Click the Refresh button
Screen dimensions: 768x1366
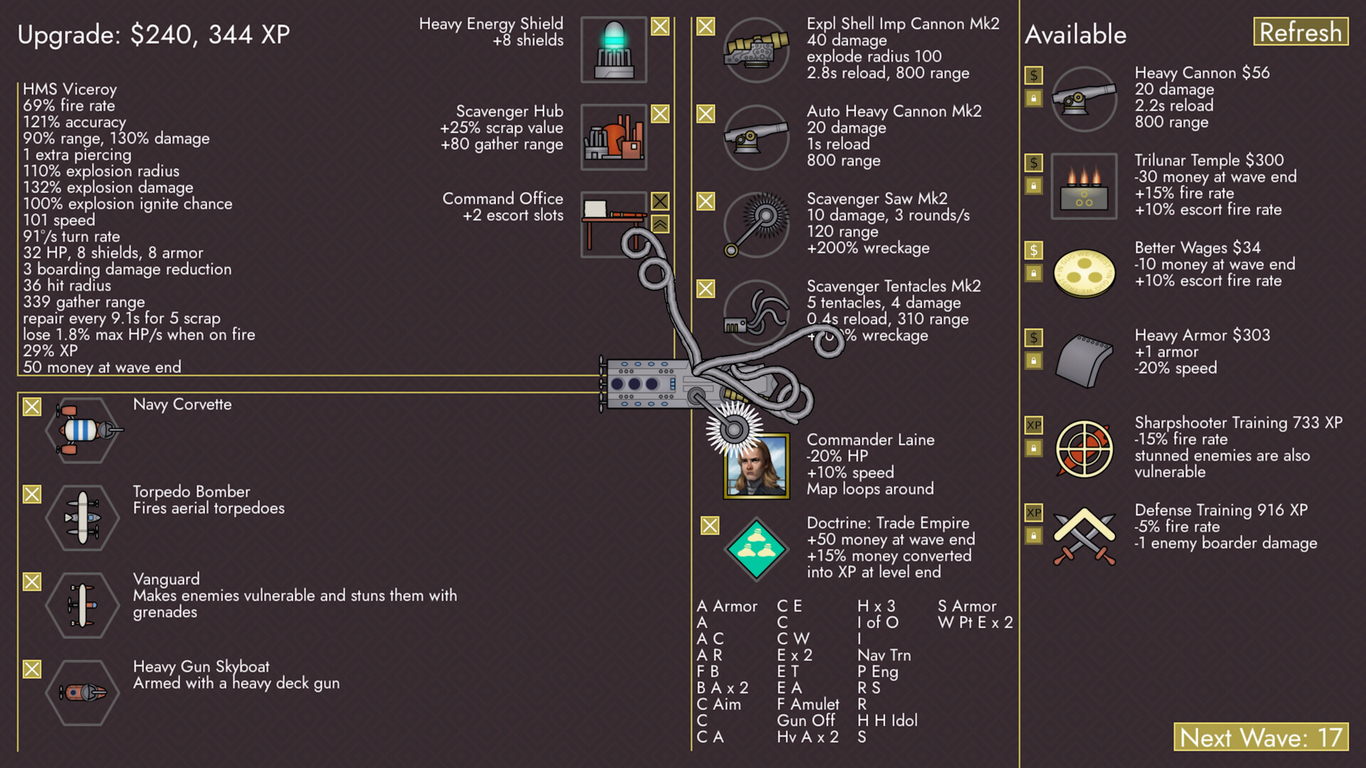[1300, 32]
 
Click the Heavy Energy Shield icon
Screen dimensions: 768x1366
[613, 50]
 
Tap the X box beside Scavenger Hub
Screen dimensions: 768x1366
[660, 114]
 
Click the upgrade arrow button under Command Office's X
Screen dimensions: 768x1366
[660, 225]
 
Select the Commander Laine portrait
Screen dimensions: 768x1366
[756, 466]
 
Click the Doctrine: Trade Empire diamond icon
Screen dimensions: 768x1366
[756, 550]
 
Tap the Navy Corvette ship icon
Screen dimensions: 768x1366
[83, 430]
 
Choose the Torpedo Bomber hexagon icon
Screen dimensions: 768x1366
[83, 518]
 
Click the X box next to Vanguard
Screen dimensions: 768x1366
[32, 582]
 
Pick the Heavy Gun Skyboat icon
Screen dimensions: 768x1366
[83, 692]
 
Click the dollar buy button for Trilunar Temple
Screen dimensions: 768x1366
[1034, 163]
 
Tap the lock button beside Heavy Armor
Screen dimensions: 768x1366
[1034, 361]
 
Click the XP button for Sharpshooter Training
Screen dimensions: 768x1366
[1034, 425]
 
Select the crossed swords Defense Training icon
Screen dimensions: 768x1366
[1084, 537]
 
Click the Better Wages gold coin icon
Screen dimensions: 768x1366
[1084, 273]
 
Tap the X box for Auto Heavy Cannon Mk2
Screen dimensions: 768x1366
[706, 114]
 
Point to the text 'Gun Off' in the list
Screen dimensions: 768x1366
[805, 720]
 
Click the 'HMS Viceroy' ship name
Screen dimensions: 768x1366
[70, 90]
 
